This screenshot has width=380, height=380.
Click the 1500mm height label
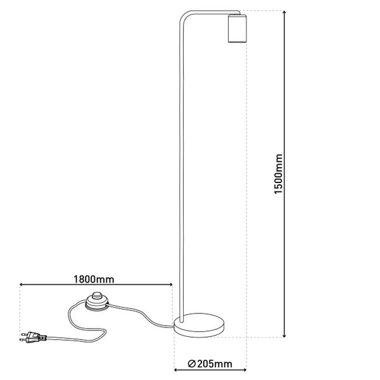pyautogui.click(x=279, y=174)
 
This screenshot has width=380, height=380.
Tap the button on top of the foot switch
pyautogui.click(x=97, y=295)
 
